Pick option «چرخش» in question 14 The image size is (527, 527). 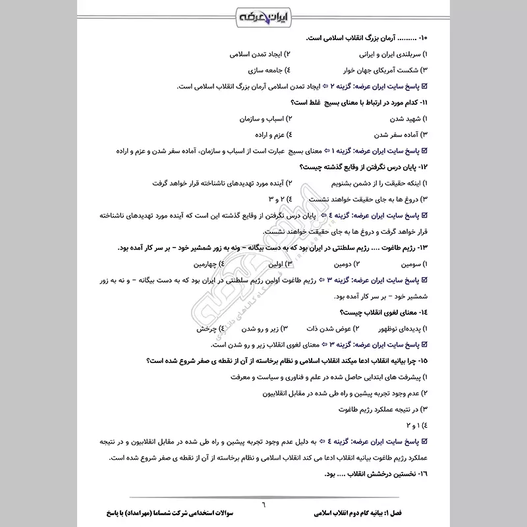click(207, 327)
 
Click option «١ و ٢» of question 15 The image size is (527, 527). click(412, 424)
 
